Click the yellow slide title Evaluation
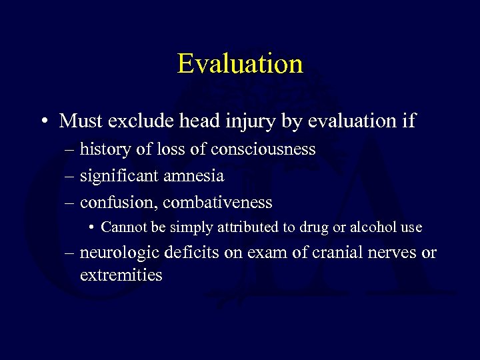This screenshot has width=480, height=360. pos(240,64)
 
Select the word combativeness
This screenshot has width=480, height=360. pos(217,202)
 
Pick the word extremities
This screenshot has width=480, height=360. pos(121,274)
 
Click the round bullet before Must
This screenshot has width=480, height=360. pos(43,122)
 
